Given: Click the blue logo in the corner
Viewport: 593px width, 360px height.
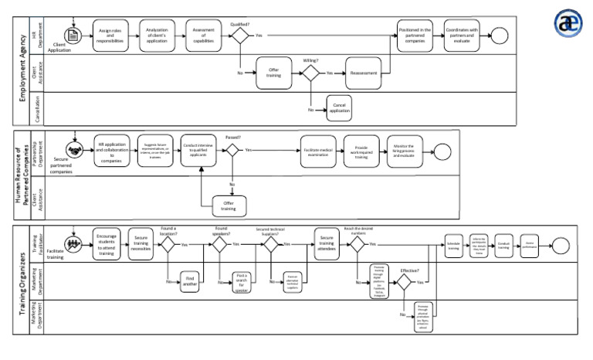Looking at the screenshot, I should pyautogui.click(x=569, y=23).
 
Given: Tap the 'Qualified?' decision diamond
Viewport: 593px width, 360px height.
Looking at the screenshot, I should pyautogui.click(x=239, y=36).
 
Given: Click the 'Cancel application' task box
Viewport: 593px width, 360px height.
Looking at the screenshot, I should pyautogui.click(x=337, y=108).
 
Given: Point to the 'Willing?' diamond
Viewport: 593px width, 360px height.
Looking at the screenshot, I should pyautogui.click(x=310, y=73).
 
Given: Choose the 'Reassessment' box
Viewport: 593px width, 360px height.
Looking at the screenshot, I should pyautogui.click(x=363, y=73).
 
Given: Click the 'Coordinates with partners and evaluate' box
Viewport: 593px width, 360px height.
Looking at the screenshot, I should pyautogui.click(x=462, y=35).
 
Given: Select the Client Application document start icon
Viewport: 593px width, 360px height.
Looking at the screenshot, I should pyautogui.click(x=74, y=36).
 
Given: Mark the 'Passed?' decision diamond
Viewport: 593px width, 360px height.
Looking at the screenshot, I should pyautogui.click(x=232, y=149).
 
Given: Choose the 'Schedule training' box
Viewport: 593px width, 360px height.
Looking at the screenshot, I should pyautogui.click(x=453, y=244).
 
